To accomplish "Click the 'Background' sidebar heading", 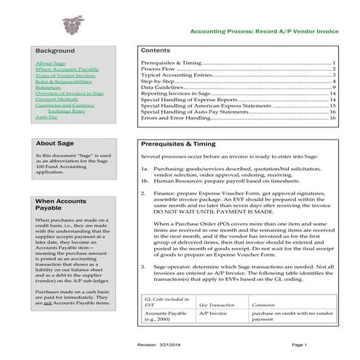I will click(x=56, y=51).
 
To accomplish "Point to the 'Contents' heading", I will click(x=155, y=52).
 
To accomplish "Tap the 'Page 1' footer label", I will click(x=299, y=344).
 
